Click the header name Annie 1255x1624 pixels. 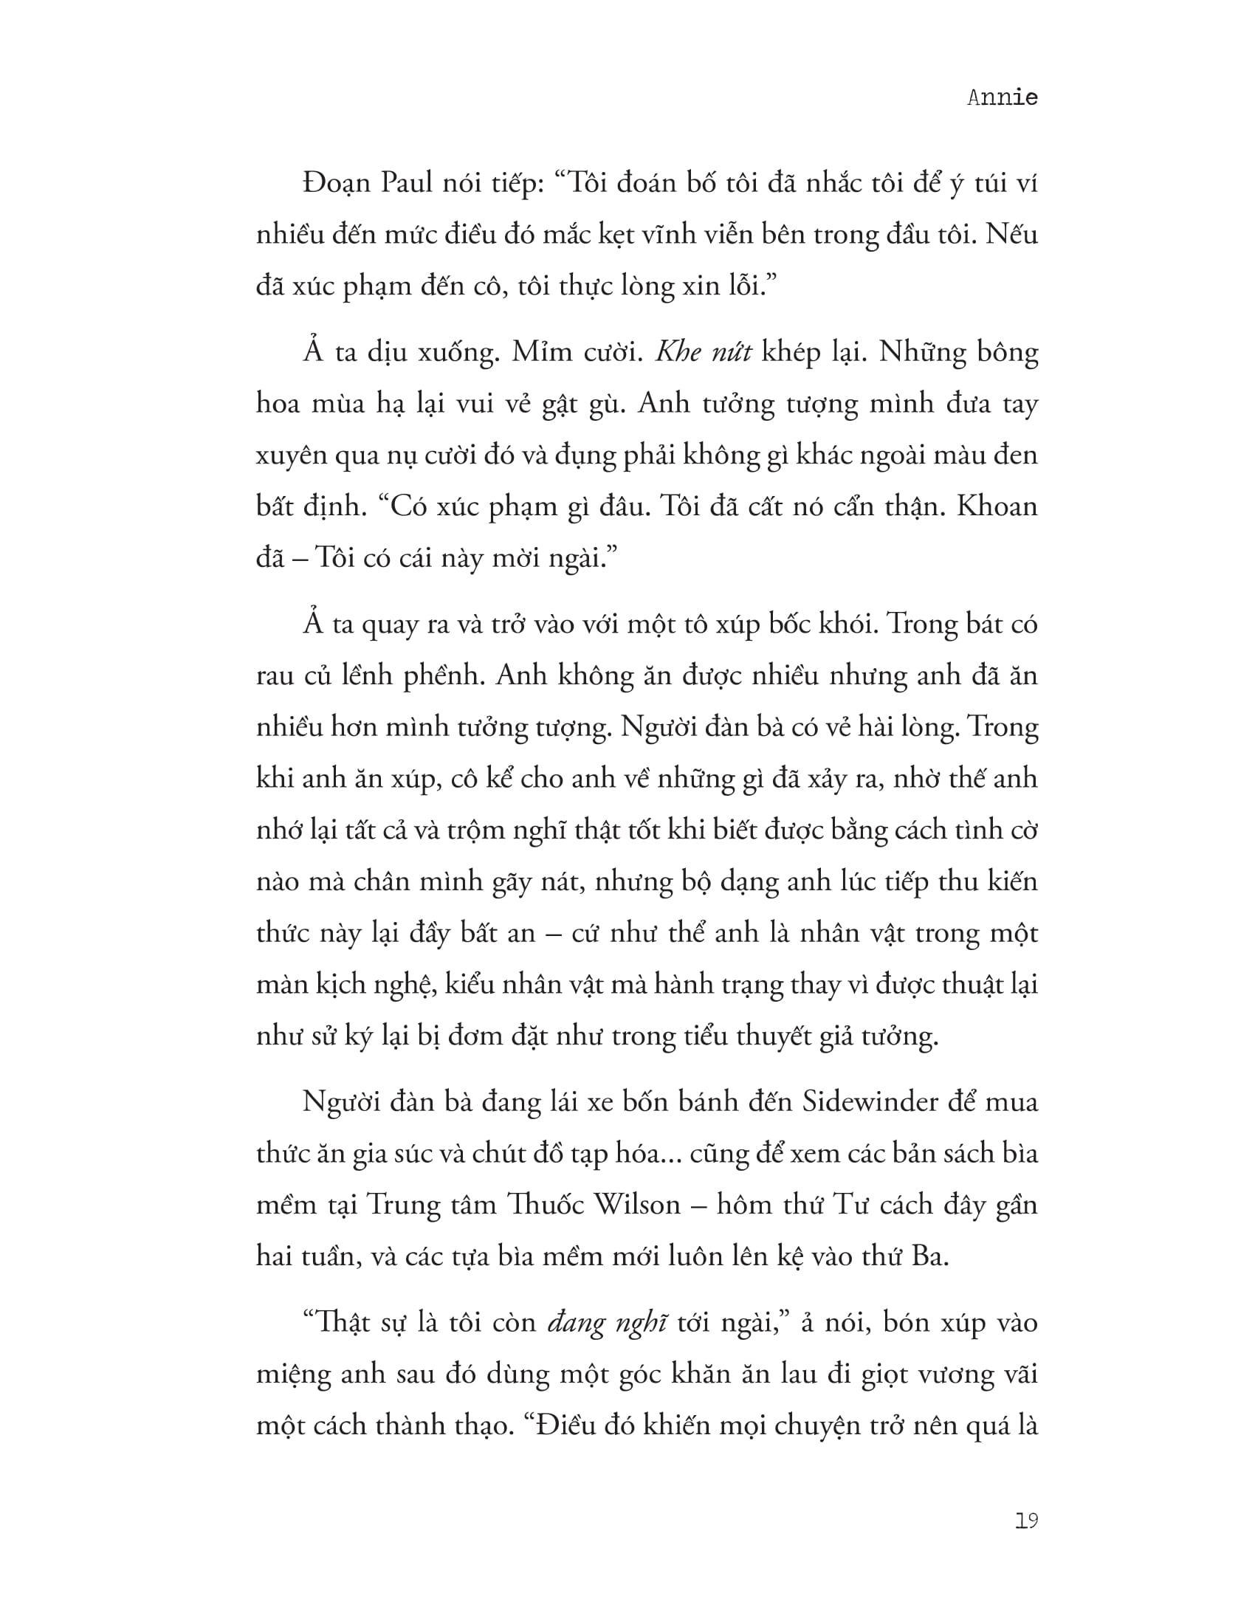click(x=1002, y=98)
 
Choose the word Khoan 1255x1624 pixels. click(x=997, y=506)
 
